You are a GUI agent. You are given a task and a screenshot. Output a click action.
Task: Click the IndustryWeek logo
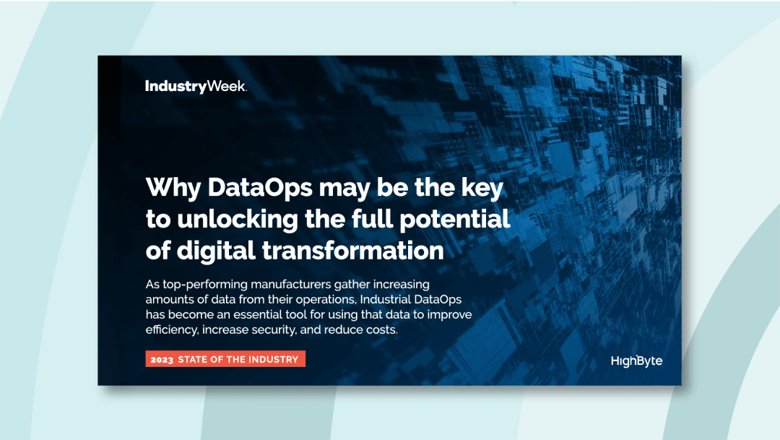tap(196, 87)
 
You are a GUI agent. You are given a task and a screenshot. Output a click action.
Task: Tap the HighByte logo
tap(636, 361)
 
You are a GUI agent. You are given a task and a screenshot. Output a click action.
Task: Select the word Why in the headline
tap(173, 187)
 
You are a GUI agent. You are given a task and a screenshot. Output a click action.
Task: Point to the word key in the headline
tap(482, 187)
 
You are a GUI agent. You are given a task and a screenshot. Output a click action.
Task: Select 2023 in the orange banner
tap(162, 359)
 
